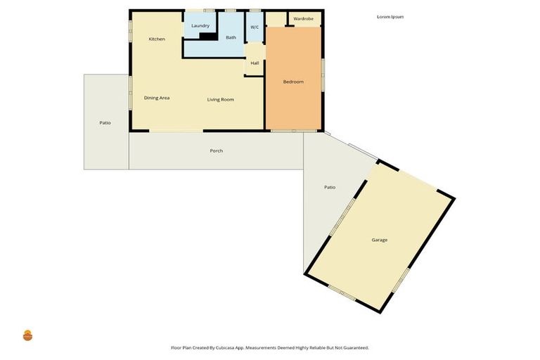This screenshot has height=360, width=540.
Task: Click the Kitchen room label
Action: point(157,39)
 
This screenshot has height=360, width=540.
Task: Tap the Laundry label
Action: point(200,26)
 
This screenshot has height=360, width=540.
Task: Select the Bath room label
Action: point(231,37)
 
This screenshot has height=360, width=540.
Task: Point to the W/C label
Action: point(255,27)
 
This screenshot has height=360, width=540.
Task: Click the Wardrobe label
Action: point(304,18)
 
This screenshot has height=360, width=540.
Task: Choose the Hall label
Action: point(255,63)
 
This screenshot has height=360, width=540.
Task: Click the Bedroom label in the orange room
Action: point(293,82)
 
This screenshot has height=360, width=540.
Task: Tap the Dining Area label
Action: point(157,98)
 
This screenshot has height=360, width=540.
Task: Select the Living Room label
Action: point(220,100)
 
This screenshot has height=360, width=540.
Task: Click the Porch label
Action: point(217,150)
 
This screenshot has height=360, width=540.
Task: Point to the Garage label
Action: point(380,240)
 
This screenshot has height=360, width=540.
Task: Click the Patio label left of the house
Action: point(105,123)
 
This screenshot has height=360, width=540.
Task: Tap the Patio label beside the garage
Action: point(329,187)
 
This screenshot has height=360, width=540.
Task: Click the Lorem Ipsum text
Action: point(390,17)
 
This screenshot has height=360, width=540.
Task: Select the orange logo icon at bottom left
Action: point(28,335)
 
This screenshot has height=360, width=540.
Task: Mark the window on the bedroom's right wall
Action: point(323,74)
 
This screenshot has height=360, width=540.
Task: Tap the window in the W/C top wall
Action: point(255,10)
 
